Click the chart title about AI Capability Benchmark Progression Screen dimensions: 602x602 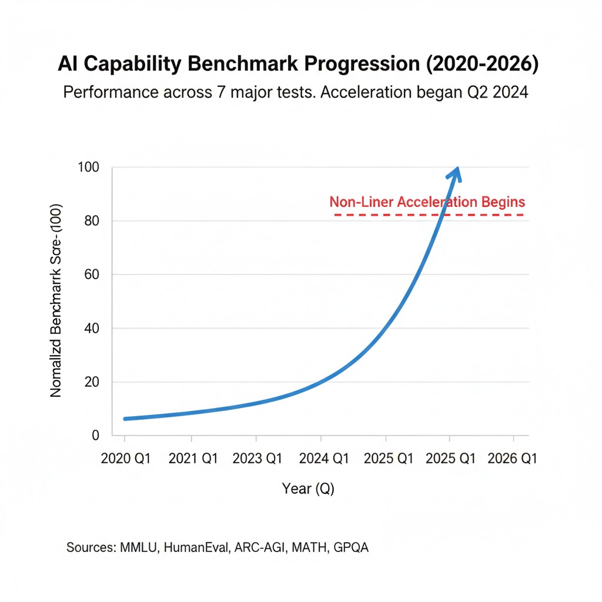point(298,65)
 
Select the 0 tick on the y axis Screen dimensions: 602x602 point(95,436)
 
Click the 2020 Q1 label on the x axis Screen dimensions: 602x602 point(125,459)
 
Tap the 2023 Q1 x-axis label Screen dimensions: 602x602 point(257,459)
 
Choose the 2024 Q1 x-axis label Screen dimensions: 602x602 point(322,459)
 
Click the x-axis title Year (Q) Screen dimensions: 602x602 point(308,489)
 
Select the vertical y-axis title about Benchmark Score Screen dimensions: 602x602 point(56,302)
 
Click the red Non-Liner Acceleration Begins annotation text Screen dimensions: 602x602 point(427,202)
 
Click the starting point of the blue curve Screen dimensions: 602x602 point(125,419)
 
